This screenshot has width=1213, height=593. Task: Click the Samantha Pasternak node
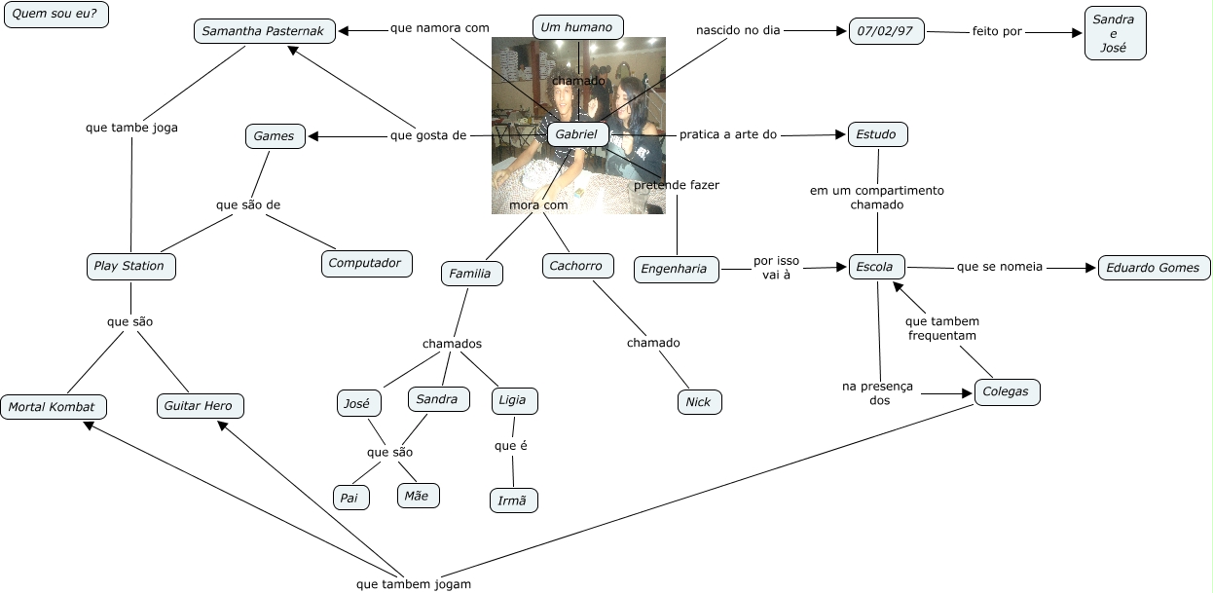click(265, 31)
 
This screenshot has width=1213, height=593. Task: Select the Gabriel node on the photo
click(578, 134)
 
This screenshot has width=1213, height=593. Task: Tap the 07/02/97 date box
click(885, 31)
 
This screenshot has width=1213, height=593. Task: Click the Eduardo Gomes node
click(1154, 268)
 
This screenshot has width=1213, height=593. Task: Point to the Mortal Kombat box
click(53, 407)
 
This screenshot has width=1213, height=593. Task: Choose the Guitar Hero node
click(199, 406)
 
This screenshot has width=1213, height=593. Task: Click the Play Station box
click(129, 266)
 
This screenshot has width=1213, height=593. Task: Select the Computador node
click(366, 263)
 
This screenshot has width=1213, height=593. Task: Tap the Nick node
click(698, 402)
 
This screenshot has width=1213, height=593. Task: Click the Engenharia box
click(676, 270)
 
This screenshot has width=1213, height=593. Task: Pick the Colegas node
click(1007, 392)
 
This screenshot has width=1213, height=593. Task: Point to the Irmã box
click(513, 500)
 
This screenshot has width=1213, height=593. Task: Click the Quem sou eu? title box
click(55, 15)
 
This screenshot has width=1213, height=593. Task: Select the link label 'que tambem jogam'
click(414, 584)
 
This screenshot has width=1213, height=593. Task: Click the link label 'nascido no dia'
click(738, 30)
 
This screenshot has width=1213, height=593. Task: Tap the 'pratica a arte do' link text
click(728, 134)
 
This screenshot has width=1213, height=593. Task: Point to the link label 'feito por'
click(997, 31)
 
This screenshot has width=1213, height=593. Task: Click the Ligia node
click(513, 400)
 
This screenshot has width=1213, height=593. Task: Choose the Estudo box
click(877, 134)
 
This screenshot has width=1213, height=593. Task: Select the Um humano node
click(577, 27)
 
